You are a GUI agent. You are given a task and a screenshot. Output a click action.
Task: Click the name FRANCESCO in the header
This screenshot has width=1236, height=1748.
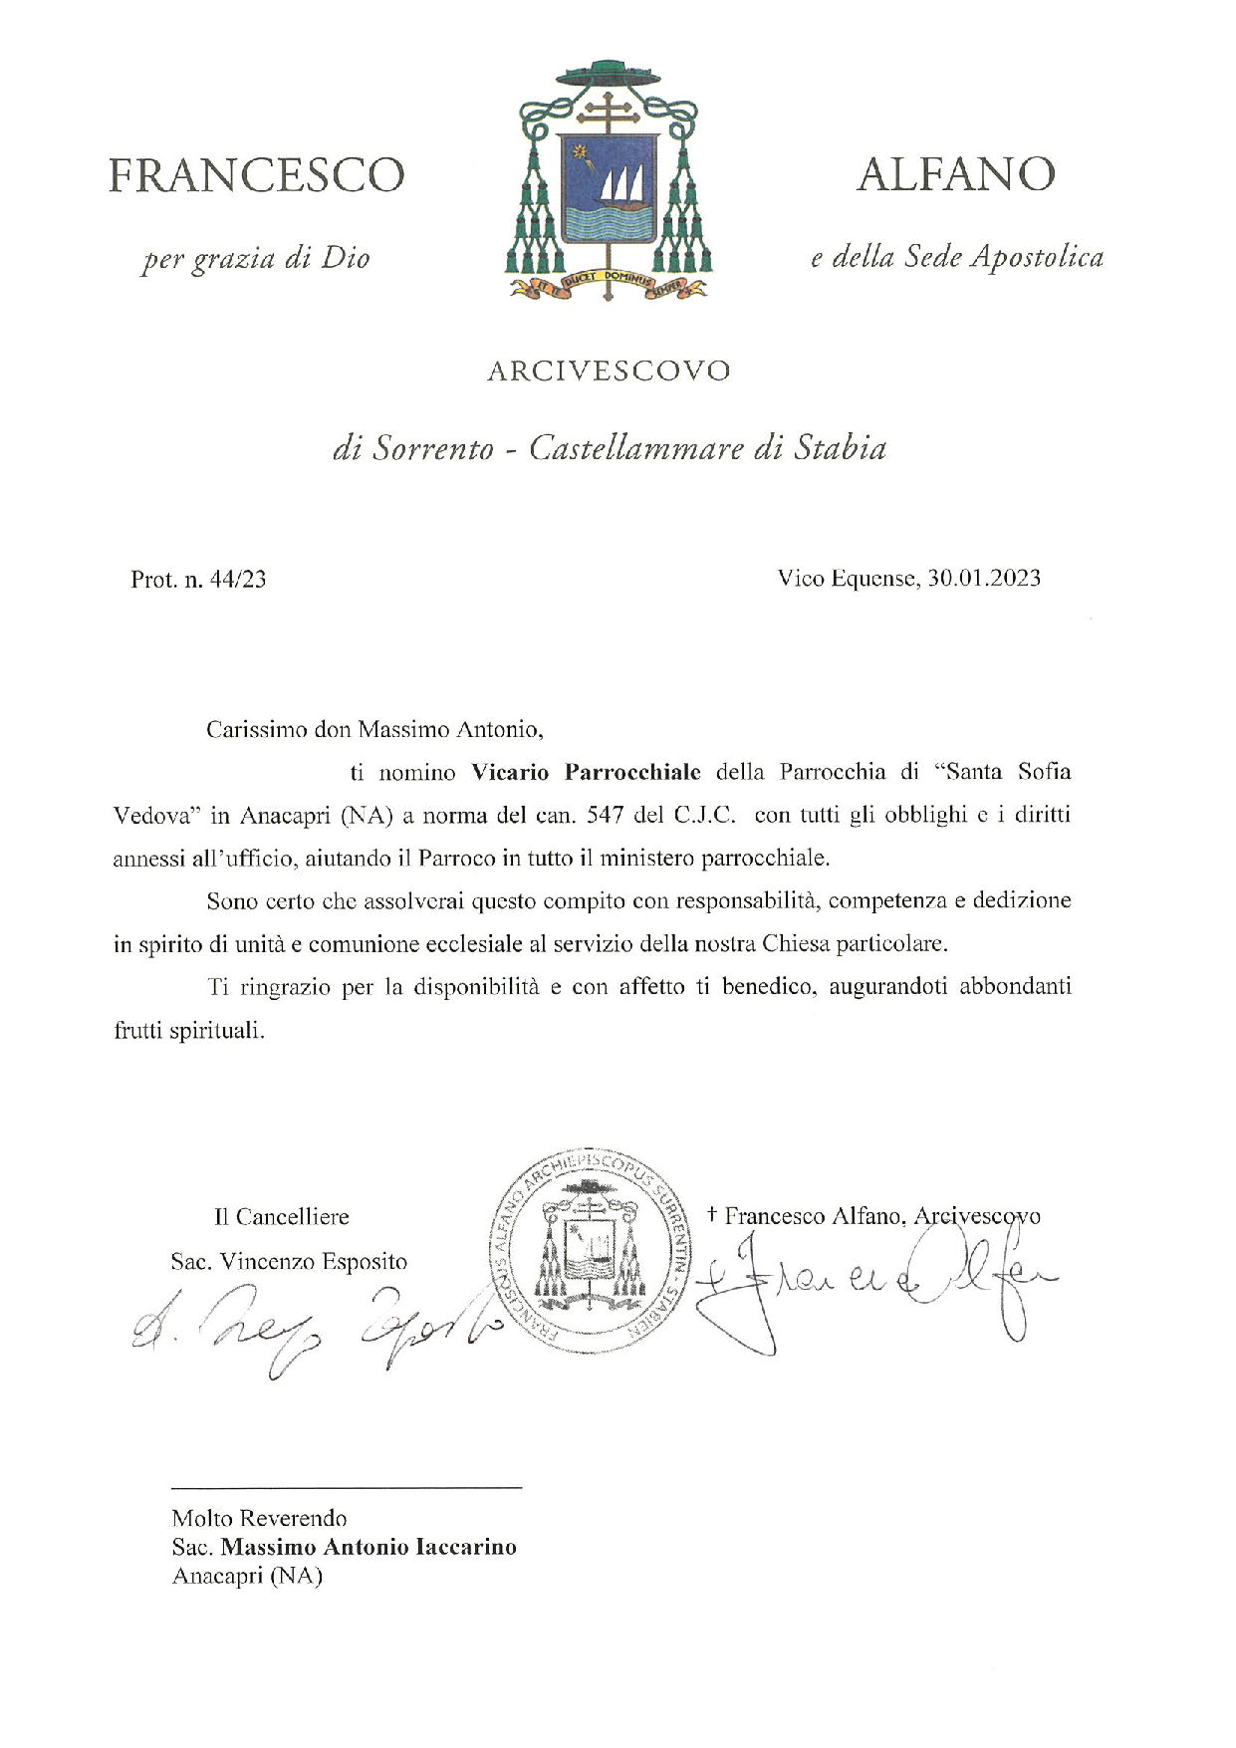coord(256,175)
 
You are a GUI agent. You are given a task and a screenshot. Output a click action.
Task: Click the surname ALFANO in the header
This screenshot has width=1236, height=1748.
coord(955,175)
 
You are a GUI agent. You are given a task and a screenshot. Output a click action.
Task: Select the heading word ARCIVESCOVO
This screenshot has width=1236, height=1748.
coord(609,372)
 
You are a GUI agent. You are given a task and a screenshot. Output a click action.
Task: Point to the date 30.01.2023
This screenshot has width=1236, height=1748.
coord(984,578)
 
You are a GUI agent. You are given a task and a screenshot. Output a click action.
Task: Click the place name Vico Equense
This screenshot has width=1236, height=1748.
coord(846,578)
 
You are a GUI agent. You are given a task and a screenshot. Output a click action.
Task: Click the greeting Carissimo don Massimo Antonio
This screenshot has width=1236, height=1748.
coord(375,729)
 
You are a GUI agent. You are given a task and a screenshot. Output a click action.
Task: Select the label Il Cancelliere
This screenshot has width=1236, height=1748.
coord(281,1216)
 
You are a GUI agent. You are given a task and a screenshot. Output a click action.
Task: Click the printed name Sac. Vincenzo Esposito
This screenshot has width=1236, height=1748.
coord(289,1262)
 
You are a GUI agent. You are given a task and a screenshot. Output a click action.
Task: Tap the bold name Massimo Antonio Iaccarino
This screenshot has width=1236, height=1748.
coord(369,1547)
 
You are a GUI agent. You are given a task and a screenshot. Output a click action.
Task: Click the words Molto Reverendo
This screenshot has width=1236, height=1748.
coord(259,1518)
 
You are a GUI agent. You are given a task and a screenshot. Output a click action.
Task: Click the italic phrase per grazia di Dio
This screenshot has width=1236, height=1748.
coord(256,259)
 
